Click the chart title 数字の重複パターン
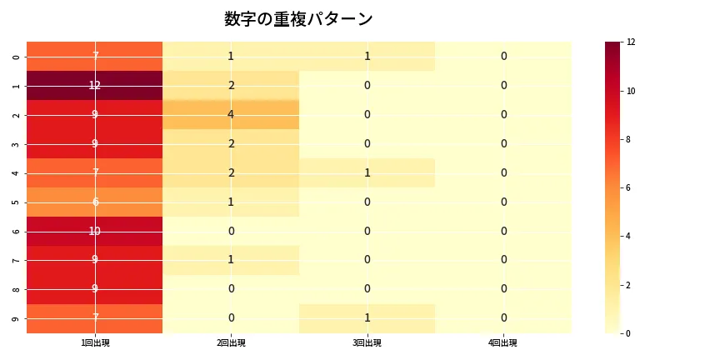point(298,19)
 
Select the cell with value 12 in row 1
point(95,85)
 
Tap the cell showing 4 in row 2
point(231,114)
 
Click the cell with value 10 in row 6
point(95,231)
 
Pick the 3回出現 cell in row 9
point(367,318)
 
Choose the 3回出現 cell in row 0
point(367,56)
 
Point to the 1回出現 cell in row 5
point(95,202)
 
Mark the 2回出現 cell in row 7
point(231,260)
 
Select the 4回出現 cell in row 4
point(503,172)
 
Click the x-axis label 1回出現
point(95,343)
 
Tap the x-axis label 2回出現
point(231,343)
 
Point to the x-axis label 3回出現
point(367,343)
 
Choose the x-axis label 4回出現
point(503,343)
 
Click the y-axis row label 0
point(17,56)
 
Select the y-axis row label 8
point(17,289)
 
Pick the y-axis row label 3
point(17,143)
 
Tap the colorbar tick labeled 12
point(632,42)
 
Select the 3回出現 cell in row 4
point(367,172)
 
